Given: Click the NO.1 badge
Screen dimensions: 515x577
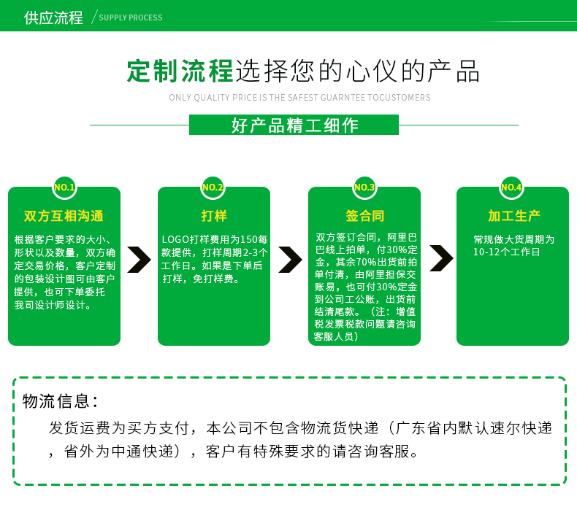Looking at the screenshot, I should [64, 187].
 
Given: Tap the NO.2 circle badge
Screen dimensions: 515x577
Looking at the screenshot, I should [213, 187].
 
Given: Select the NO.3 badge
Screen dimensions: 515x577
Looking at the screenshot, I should [364, 187].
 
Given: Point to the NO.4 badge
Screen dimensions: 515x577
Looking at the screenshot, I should [511, 187].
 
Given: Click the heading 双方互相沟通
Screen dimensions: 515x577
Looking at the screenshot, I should [64, 216].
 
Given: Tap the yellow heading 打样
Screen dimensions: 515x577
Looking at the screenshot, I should [214, 216].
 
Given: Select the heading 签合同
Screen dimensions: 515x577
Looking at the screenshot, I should [364, 216].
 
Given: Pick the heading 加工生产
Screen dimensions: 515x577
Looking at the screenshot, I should [513, 216].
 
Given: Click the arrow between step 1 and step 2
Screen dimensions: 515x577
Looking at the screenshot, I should [138, 259].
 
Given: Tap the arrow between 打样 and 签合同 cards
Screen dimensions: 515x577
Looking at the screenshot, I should [289, 259].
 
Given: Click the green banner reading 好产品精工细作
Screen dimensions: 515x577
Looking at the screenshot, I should [294, 125].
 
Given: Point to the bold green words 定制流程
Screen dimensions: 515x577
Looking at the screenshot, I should [180, 71].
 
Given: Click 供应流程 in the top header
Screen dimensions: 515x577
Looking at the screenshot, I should [53, 17].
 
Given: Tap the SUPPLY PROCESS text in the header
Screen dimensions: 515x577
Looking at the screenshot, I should [131, 18].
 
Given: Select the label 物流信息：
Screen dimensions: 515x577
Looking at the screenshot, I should [61, 401].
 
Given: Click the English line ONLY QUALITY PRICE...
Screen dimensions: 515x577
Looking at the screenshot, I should [299, 98].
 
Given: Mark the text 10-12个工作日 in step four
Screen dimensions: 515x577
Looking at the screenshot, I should [506, 252].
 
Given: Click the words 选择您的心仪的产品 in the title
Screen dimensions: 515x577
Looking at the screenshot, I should [358, 71].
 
